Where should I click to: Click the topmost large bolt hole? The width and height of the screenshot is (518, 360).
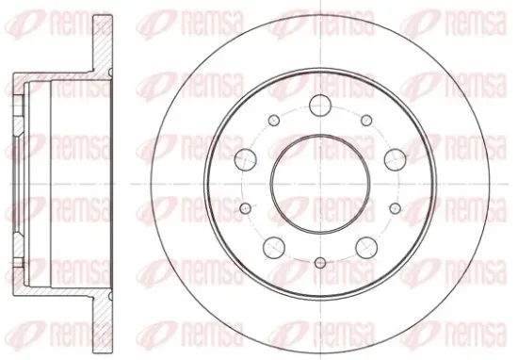point(320,106)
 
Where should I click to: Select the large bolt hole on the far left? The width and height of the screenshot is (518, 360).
point(246,159)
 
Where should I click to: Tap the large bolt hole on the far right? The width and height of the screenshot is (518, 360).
point(396,159)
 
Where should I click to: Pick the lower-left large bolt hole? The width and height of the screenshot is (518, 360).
point(274,247)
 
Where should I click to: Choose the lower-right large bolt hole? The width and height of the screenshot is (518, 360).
point(366,247)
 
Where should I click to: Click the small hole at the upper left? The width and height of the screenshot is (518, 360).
point(274,121)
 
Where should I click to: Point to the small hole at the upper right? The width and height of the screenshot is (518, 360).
point(366,121)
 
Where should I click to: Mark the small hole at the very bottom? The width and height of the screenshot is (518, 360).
point(320,263)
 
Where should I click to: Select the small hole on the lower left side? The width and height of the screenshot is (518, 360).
point(246,208)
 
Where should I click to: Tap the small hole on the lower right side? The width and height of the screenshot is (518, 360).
point(396,208)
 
